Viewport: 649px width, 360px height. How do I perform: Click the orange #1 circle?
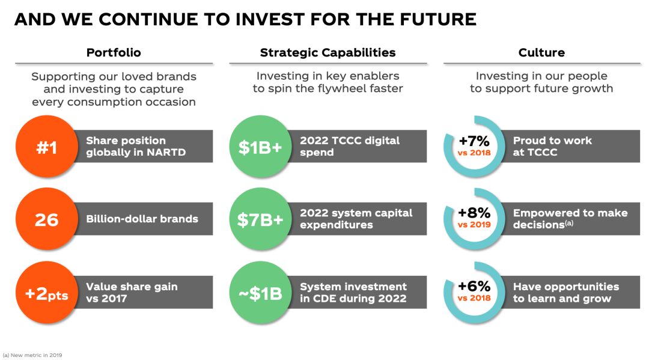[47, 147]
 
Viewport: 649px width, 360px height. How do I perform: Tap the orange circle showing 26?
[47, 219]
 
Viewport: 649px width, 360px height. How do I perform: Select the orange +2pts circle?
[47, 293]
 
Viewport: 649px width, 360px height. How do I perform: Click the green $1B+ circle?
[260, 147]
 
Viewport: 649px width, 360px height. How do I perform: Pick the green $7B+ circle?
[260, 219]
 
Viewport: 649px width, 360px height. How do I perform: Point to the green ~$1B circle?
[260, 293]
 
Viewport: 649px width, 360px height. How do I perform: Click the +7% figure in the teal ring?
[474, 141]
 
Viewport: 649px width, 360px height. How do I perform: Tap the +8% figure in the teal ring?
[474, 213]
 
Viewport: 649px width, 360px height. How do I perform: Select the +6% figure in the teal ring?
[474, 286]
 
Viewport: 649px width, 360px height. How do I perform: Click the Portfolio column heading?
[114, 52]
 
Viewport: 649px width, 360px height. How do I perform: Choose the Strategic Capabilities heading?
[328, 52]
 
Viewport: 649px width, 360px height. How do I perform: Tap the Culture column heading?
[541, 52]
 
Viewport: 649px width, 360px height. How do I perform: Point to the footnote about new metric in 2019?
[32, 355]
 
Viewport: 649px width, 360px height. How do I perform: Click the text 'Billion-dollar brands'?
[142, 219]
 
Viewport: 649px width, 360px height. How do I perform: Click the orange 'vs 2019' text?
[474, 225]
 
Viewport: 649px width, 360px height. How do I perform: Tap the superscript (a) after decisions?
[570, 223]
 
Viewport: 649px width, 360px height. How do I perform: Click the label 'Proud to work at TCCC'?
[553, 147]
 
